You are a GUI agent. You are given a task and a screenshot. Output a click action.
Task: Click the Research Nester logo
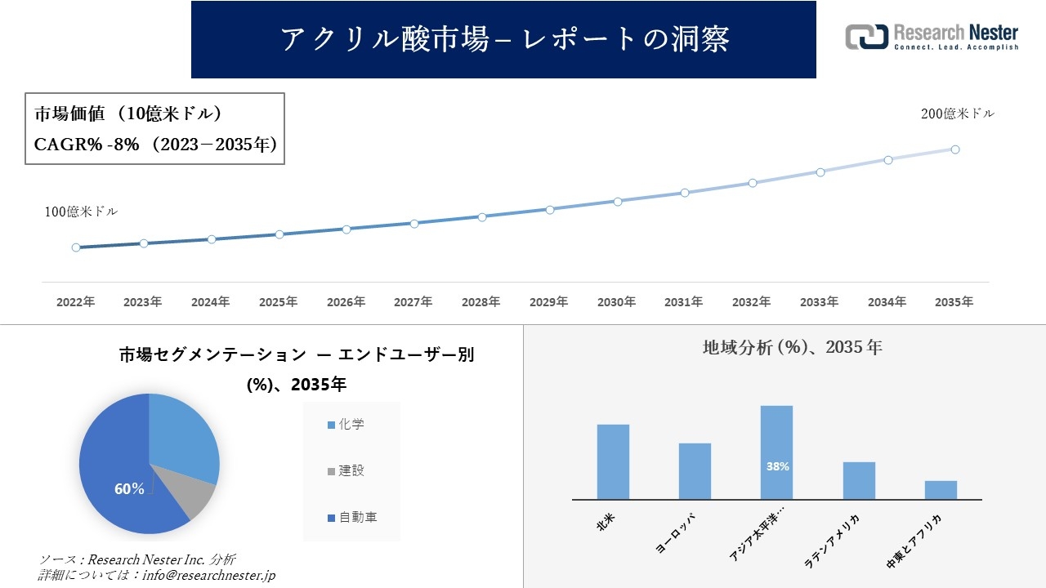pos(932,37)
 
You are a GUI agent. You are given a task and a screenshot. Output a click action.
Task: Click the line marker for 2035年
pos(955,149)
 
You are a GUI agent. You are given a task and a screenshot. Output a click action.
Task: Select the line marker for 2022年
pos(76,247)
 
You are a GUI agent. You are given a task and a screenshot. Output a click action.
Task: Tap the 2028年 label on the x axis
pos(481,302)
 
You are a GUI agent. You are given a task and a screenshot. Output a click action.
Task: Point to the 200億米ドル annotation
pos(958,114)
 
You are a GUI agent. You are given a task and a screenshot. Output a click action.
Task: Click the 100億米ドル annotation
pos(81,212)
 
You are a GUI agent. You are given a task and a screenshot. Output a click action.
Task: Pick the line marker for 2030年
pos(618,201)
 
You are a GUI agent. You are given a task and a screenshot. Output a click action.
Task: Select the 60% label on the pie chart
pos(129,489)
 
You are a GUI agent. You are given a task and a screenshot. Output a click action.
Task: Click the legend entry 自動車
pos(352,518)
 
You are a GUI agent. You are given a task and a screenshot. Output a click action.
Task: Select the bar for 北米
pos(613,461)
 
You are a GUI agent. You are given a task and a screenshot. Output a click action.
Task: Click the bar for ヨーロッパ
pos(695,471)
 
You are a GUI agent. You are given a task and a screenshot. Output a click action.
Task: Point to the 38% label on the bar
pos(777,467)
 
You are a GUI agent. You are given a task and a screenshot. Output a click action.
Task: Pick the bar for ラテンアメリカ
pos(859,480)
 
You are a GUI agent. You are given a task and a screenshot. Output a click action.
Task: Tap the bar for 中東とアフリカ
pos(941,490)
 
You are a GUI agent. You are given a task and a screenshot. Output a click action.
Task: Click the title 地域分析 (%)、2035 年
pos(792,347)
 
